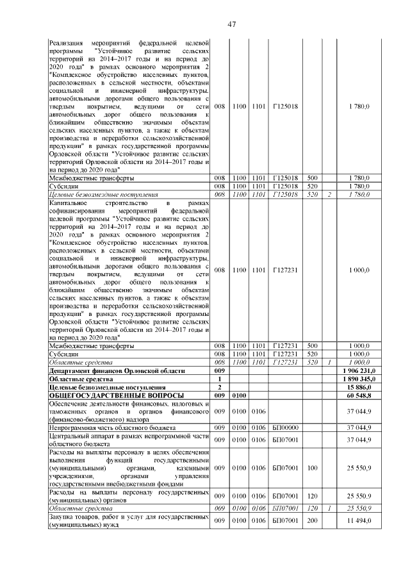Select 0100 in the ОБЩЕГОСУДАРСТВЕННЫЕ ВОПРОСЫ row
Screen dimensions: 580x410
click(240, 396)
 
